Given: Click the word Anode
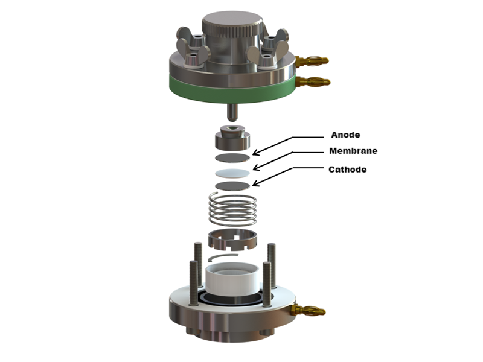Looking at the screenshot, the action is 345,135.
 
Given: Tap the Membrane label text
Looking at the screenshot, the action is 353,151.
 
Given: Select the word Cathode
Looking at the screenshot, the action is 348,170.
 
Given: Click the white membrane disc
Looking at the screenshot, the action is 232,173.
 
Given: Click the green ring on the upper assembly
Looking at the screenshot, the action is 232,89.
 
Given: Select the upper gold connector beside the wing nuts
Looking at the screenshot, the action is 312,60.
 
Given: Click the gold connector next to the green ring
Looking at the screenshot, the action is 313,82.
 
